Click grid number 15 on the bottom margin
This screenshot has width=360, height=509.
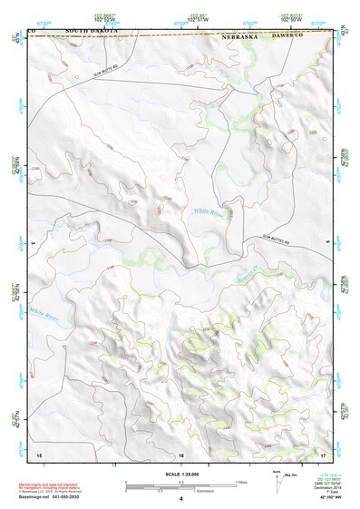[x=38, y=453]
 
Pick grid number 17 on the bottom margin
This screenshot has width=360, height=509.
[x=323, y=453]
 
